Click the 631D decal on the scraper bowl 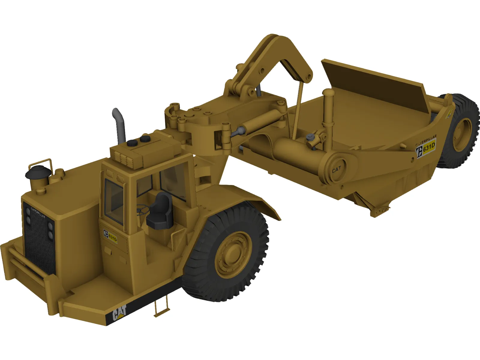(426, 147)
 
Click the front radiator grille (39, 240)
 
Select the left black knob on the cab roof (132, 143)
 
